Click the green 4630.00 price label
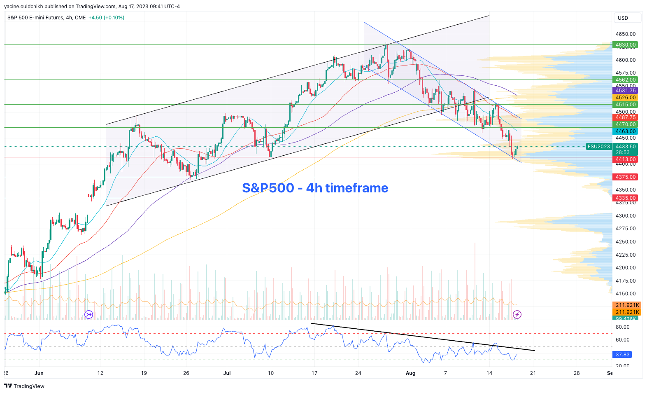625,45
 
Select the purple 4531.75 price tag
625,91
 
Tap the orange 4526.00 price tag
625,98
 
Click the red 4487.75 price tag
625,117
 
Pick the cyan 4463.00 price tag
625,131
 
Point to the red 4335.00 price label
625,198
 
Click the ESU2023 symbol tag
598,147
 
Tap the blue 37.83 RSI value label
622,355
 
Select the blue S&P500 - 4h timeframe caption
315,188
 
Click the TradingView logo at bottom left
24,386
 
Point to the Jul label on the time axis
227,373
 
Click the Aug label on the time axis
410,373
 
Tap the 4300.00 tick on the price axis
625,216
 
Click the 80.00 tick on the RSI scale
622,327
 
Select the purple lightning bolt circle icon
517,315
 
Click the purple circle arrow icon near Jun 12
88,315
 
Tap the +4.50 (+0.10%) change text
106,18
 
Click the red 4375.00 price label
625,177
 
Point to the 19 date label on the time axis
144,373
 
